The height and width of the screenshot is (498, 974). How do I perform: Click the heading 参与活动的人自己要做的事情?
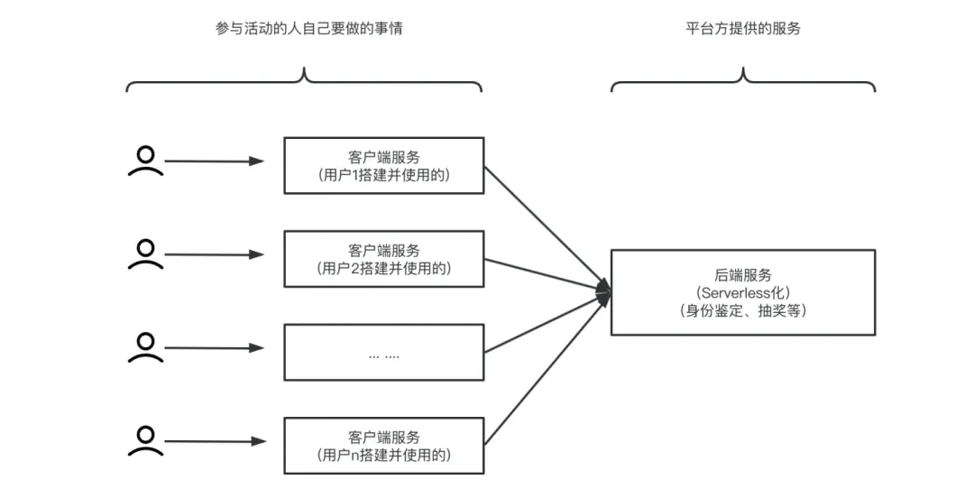[308, 29]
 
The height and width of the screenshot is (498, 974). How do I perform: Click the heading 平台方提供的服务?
[743, 29]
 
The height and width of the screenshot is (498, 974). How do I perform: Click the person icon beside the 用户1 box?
[145, 161]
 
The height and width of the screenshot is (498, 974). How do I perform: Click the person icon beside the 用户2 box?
[145, 254]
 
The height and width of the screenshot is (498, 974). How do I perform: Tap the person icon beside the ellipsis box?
[145, 347]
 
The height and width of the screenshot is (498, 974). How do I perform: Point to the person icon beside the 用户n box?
[145, 441]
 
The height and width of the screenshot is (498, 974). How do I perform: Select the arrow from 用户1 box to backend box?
[547, 228]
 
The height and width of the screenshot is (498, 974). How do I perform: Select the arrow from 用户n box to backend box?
[547, 369]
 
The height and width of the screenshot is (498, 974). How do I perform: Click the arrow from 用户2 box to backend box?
[547, 275]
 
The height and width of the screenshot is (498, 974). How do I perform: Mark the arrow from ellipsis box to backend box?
[547, 322]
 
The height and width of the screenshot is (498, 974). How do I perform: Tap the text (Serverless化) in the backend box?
[743, 292]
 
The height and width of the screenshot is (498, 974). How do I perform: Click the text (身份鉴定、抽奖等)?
[743, 310]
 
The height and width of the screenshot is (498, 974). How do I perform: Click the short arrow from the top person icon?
[215, 161]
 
